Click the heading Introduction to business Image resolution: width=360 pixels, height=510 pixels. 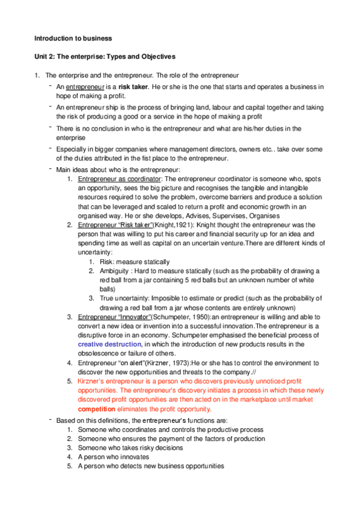(x=73, y=38)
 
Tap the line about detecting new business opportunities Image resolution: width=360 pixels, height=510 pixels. (x=151, y=466)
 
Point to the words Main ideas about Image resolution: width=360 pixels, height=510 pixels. (x=84, y=170)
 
